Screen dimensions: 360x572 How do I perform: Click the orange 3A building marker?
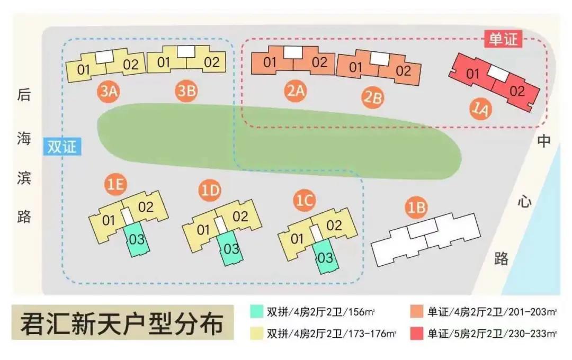pyautogui.click(x=108, y=92)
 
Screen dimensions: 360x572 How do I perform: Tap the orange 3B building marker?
pyautogui.click(x=186, y=92)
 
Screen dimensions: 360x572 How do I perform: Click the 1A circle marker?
pyautogui.click(x=481, y=109)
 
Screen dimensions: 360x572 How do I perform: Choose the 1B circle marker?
pyautogui.click(x=416, y=208)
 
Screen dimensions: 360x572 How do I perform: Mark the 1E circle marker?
pyautogui.click(x=116, y=185)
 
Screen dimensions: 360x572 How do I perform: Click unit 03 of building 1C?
pyautogui.click(x=325, y=258)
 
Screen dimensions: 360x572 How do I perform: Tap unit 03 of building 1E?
pyautogui.click(x=137, y=239)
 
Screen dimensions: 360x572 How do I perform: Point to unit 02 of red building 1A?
pyautogui.click(x=517, y=91)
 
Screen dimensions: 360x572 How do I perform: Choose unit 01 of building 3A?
pyautogui.click(x=84, y=69)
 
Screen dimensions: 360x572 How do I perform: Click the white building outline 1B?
pyautogui.click(x=426, y=238)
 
